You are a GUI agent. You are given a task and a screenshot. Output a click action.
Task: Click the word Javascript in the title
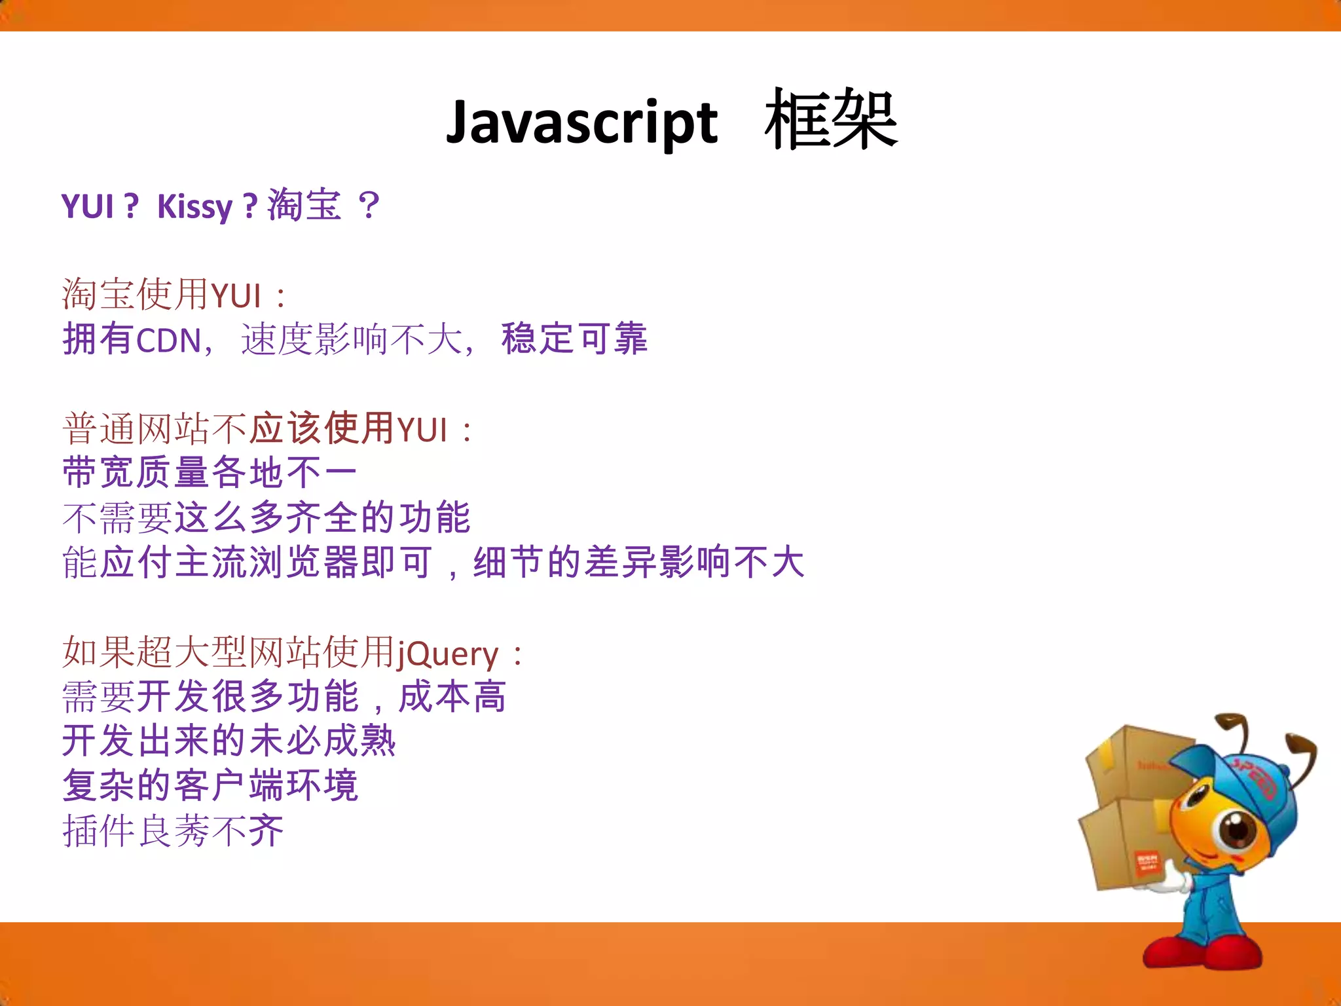pyautogui.click(x=581, y=123)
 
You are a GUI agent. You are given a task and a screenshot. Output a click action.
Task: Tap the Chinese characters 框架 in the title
pyautogui.click(x=830, y=121)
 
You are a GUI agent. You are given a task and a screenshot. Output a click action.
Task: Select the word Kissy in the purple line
pyautogui.click(x=194, y=207)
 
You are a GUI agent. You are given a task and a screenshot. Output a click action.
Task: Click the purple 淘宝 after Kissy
pyautogui.click(x=304, y=205)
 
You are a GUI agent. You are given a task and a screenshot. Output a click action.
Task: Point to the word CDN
pyautogui.click(x=168, y=341)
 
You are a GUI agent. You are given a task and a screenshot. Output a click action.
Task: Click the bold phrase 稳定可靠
pyautogui.click(x=574, y=339)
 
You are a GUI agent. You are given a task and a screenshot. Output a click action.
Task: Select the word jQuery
pyautogui.click(x=448, y=654)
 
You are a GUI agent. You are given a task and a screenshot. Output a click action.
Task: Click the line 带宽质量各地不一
pyautogui.click(x=210, y=473)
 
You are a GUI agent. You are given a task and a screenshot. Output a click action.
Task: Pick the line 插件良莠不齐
pyautogui.click(x=174, y=831)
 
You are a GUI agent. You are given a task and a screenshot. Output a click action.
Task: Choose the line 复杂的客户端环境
pyautogui.click(x=210, y=786)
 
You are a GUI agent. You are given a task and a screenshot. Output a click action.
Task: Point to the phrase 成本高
pyautogui.click(x=452, y=697)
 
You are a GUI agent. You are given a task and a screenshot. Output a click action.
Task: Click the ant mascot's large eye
pyautogui.click(x=1237, y=829)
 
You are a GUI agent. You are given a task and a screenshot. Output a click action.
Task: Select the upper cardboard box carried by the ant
pyautogui.click(x=1133, y=763)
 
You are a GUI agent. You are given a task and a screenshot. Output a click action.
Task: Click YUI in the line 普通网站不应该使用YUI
pyautogui.click(x=422, y=431)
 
